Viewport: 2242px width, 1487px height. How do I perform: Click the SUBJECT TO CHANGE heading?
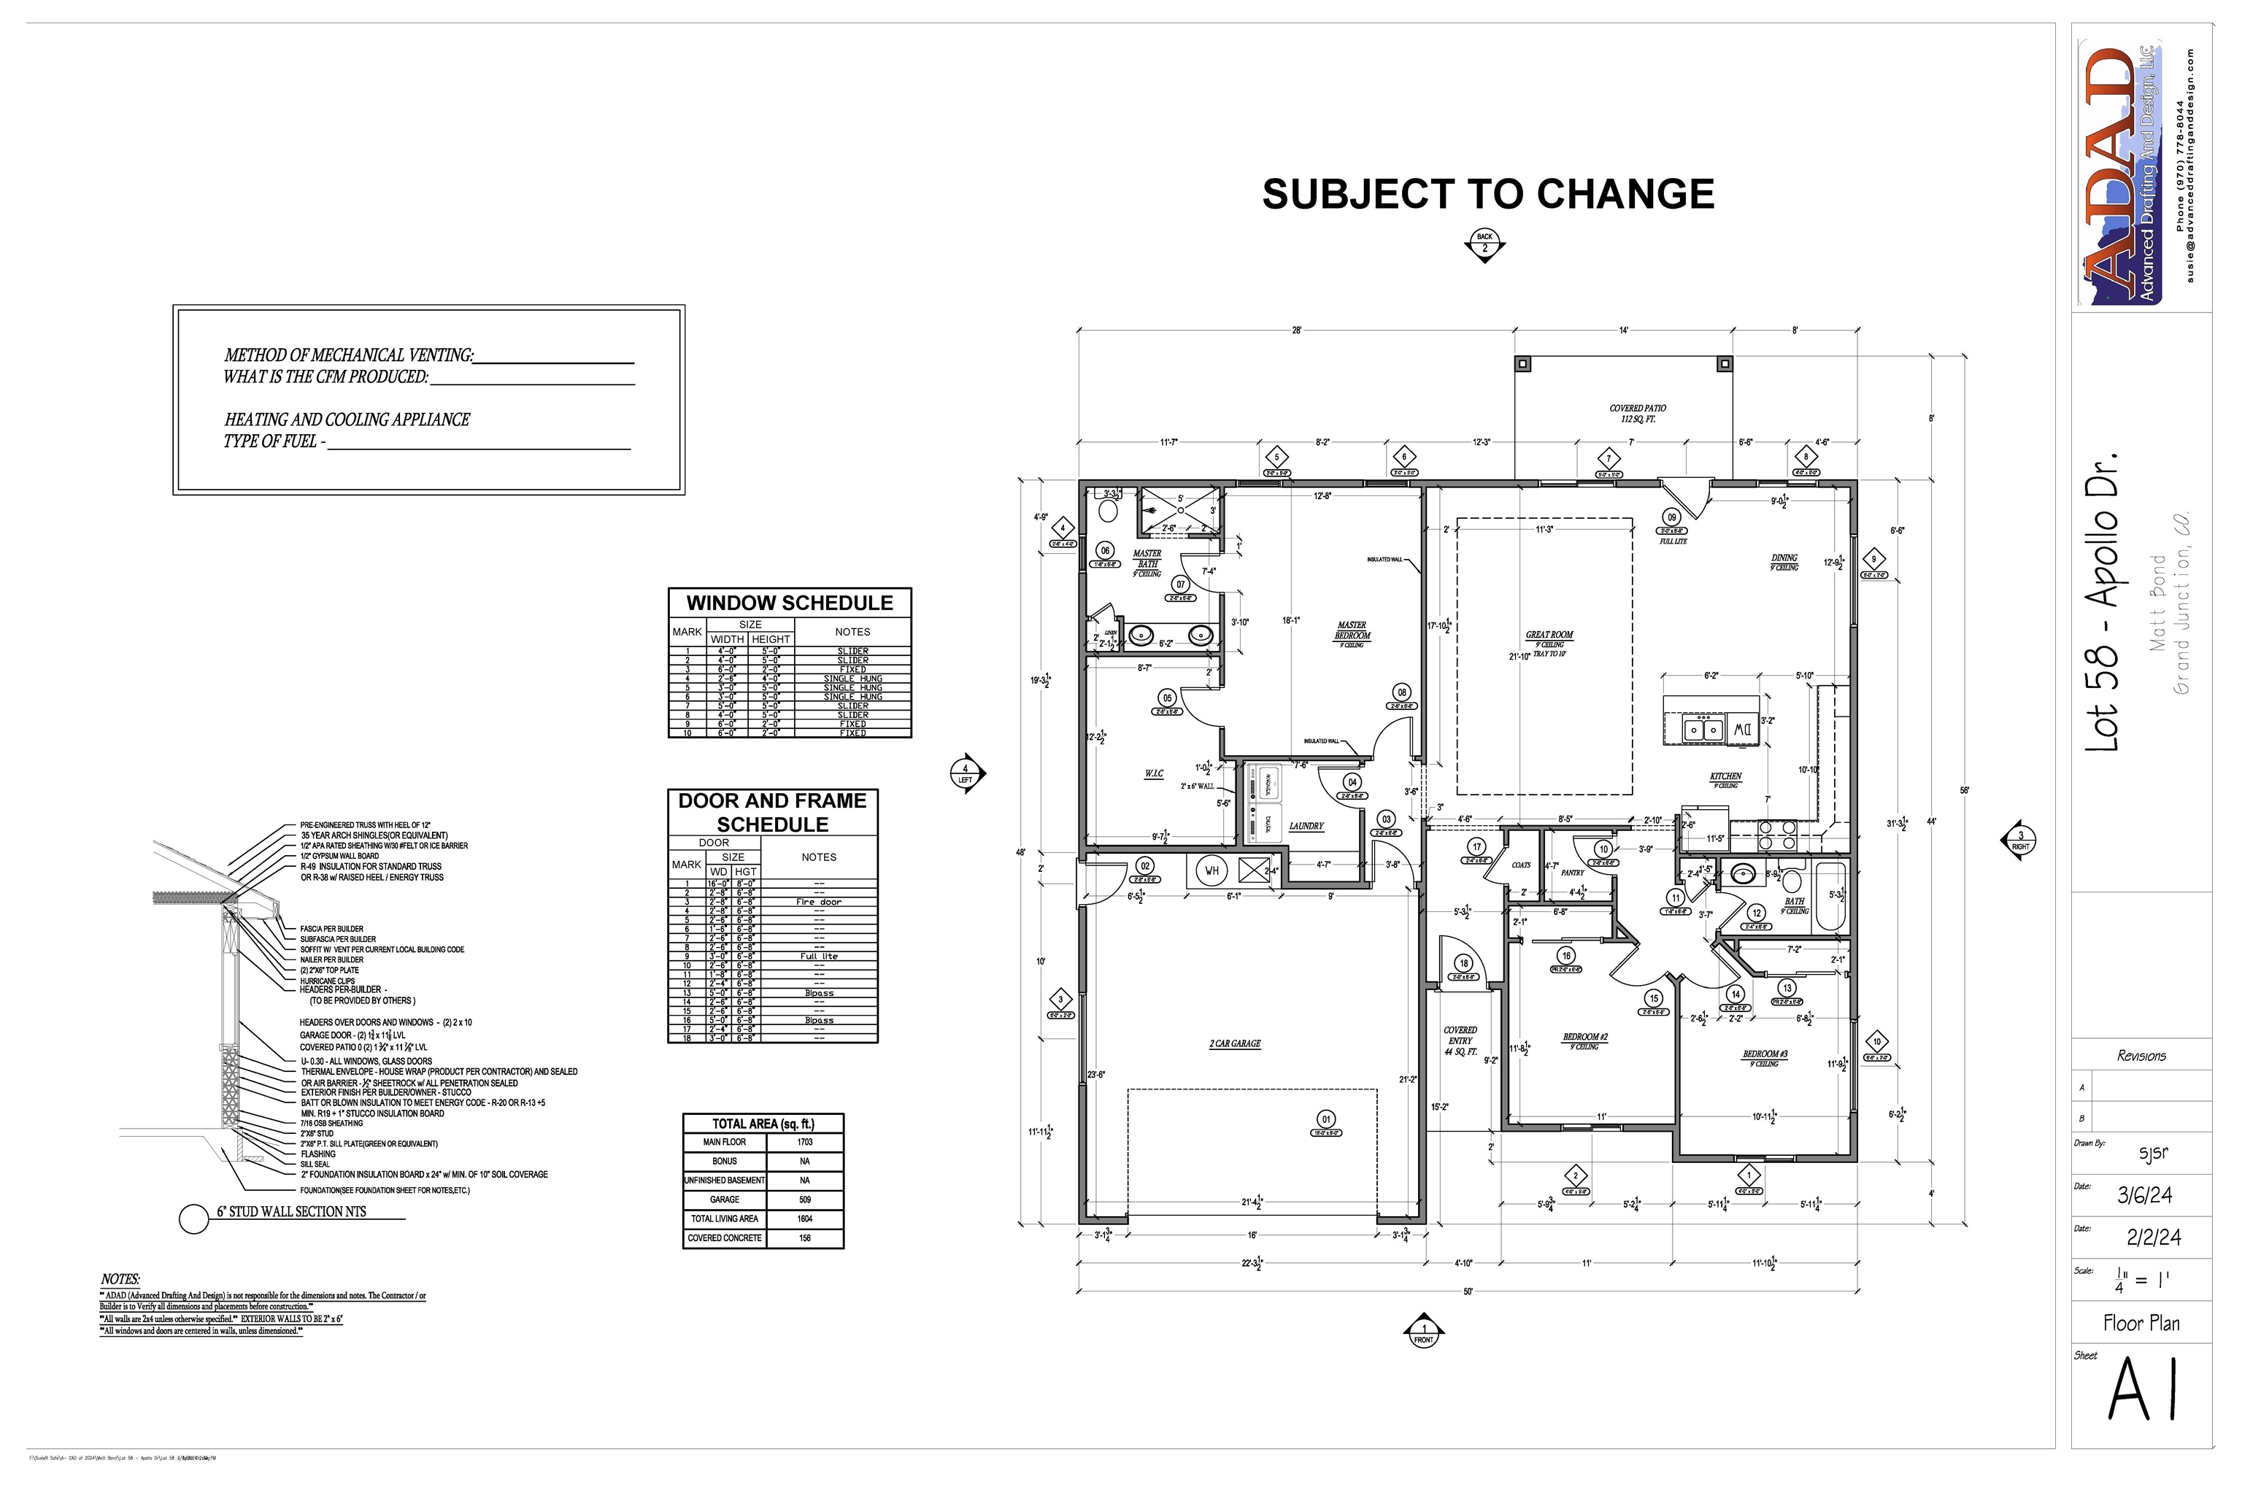coord(1487,194)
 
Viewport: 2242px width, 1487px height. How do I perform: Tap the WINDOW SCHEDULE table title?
coord(789,603)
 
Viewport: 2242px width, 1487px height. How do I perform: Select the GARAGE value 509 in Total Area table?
coord(804,1200)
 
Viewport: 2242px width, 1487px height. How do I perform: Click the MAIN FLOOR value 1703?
coord(804,1142)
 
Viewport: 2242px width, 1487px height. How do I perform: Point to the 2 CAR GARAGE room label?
coord(1234,1043)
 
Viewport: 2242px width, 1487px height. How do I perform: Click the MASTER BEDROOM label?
coord(1352,630)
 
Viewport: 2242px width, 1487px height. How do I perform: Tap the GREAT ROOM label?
coord(1549,635)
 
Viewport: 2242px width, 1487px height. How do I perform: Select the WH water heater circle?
coord(1211,870)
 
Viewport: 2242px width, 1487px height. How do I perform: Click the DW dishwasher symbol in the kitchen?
coord(1742,730)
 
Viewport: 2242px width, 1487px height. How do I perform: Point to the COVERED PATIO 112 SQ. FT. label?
coord(1637,412)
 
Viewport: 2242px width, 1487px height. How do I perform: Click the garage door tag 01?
coord(1326,1119)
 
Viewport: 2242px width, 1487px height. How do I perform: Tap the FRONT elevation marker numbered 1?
coord(1422,1332)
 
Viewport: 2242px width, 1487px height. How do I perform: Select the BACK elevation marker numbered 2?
coord(1484,243)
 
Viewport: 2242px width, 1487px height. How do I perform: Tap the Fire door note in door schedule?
coord(817,902)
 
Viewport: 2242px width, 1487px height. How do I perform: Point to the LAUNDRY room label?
coord(1305,826)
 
